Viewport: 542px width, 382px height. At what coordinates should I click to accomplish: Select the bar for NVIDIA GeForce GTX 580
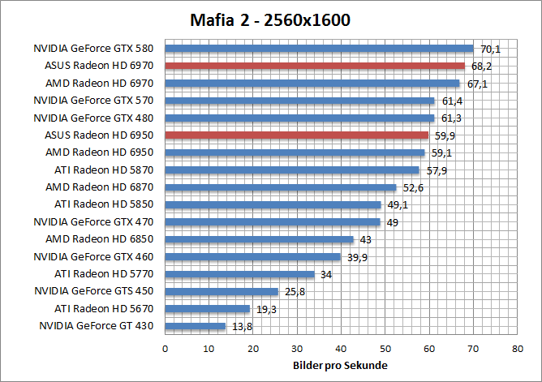click(319, 49)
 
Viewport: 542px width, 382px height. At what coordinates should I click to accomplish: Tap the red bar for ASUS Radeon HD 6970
click(315, 66)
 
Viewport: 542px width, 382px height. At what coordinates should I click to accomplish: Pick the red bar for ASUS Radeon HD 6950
click(296, 135)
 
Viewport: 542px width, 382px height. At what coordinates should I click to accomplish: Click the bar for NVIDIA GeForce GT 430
click(195, 326)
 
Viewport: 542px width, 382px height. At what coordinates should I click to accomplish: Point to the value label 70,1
click(490, 49)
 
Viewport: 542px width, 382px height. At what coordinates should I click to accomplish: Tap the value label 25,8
click(294, 291)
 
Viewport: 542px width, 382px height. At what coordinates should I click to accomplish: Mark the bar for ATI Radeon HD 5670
click(207, 309)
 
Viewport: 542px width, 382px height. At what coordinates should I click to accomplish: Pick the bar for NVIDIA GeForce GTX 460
click(252, 257)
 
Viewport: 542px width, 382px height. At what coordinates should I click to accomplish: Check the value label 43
click(366, 239)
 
